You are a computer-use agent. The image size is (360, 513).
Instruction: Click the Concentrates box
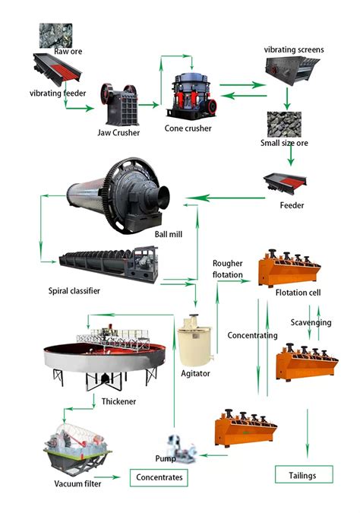pos(159,477)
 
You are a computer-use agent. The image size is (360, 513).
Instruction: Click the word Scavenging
pos(311,322)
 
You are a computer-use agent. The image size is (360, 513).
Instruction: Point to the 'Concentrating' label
pos(252,335)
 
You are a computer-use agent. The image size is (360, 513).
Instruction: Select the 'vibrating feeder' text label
pos(58,93)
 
